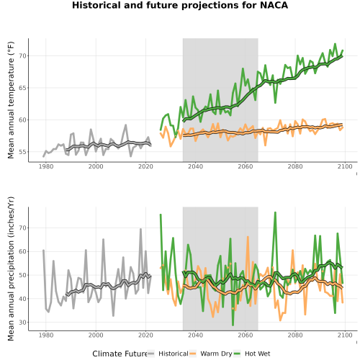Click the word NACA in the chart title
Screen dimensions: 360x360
(x=274, y=5)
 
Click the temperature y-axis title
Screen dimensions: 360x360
(x=11, y=100)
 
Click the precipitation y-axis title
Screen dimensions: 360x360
(x=11, y=269)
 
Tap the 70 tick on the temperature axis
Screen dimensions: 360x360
(x=22, y=56)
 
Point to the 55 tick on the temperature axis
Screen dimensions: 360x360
(x=22, y=152)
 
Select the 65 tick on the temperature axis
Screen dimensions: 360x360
(x=22, y=88)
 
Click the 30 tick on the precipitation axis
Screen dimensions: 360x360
(x=22, y=323)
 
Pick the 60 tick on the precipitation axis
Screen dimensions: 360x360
(x=22, y=251)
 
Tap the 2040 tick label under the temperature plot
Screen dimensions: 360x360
(x=195, y=166)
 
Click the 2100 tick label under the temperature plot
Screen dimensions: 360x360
(x=345, y=166)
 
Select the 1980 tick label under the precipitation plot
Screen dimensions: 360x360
(x=46, y=335)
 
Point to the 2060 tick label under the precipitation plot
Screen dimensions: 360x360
(x=246, y=335)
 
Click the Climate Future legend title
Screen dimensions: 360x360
(x=120, y=354)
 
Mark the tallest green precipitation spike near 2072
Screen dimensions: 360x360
(x=275, y=212)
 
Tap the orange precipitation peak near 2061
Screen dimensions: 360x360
(x=248, y=237)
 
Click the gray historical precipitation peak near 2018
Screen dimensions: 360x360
(x=140, y=229)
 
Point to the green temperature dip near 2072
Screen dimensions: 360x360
(x=275, y=103)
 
